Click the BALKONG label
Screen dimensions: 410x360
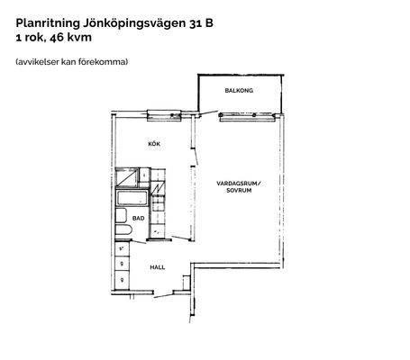click(239, 90)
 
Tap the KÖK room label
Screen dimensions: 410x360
click(154, 144)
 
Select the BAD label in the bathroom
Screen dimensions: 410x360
click(139, 218)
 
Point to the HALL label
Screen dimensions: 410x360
click(158, 267)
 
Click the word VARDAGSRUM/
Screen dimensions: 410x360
click(239, 184)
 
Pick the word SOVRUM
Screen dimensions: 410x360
click(239, 190)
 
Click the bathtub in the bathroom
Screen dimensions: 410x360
click(132, 198)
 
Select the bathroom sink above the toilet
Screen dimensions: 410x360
click(121, 215)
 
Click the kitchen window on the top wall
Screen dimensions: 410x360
click(164, 115)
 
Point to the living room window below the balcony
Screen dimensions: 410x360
click(247, 116)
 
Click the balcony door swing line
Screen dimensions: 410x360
click(209, 112)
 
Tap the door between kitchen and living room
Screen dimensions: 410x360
click(196, 156)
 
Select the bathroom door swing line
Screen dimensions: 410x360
click(139, 242)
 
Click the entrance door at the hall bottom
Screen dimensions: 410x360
click(163, 296)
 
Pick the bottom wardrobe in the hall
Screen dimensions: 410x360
click(123, 280)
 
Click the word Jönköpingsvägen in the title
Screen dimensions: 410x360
click(135, 23)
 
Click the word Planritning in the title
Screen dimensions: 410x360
click(48, 23)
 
